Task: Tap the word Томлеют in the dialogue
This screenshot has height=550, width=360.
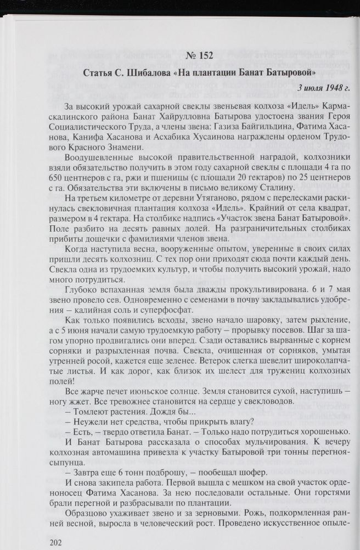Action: click(91, 412)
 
